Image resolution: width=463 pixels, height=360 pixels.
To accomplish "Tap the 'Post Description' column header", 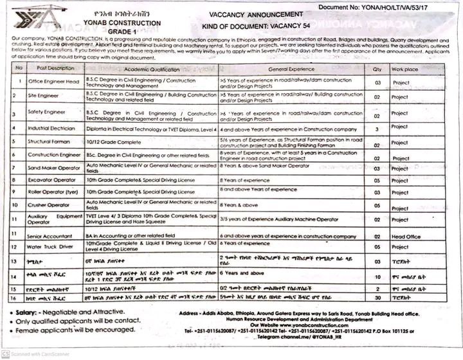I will tap(56, 68).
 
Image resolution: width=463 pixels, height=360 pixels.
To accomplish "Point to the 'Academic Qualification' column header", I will tap(154, 69).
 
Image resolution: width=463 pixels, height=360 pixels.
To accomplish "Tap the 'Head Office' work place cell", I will tap(406, 237).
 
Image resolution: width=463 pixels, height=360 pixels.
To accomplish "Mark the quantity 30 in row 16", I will tap(377, 299).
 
